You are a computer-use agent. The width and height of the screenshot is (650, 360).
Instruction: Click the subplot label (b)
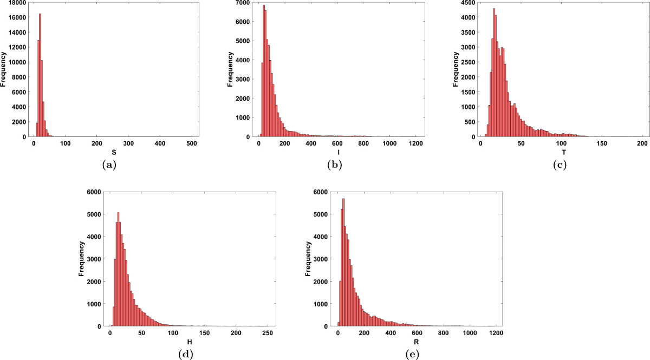pos(335,166)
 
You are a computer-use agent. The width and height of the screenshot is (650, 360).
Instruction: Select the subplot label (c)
pos(560,166)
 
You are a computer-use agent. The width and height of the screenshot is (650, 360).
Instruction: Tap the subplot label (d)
pos(186,355)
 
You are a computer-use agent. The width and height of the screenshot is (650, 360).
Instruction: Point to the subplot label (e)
pos(411,355)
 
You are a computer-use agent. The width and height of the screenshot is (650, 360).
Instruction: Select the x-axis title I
pos(339,154)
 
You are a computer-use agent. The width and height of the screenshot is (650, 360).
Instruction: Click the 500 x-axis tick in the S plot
pos(191,144)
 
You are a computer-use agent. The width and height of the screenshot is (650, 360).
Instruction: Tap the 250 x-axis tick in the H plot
pos(267,333)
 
